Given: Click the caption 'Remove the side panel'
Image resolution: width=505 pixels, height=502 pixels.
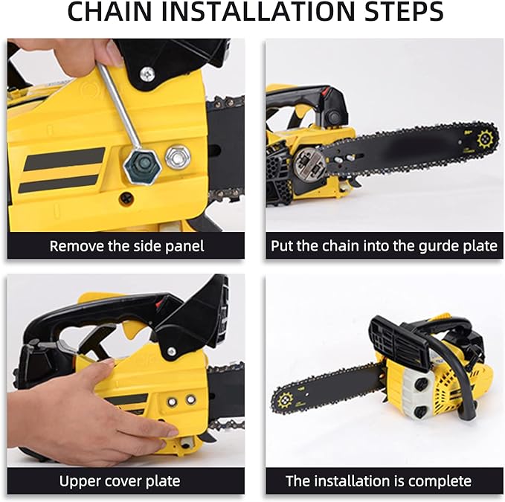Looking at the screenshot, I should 126,245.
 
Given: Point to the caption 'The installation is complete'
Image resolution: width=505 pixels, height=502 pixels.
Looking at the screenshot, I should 379,481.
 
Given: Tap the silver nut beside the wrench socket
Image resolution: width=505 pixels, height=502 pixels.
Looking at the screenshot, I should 177,157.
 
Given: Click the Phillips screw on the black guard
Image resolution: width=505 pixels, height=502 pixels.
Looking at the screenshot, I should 147,74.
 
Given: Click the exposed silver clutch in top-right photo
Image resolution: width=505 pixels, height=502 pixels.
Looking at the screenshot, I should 308,164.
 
